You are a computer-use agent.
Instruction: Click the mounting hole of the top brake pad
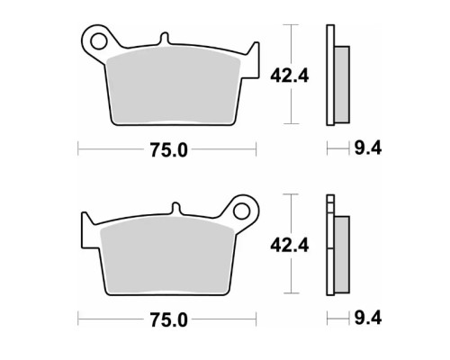98,41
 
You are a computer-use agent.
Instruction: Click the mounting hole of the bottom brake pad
241,211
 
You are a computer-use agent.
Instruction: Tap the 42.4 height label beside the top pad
289,76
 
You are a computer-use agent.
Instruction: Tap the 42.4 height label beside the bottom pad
289,245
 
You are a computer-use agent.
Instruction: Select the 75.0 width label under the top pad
168,150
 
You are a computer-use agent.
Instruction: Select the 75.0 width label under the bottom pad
168,319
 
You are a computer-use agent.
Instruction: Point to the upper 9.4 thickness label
368,148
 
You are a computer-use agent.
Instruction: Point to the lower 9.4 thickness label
368,318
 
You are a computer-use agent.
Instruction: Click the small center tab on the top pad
165,39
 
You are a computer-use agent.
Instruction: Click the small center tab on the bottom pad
175,209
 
